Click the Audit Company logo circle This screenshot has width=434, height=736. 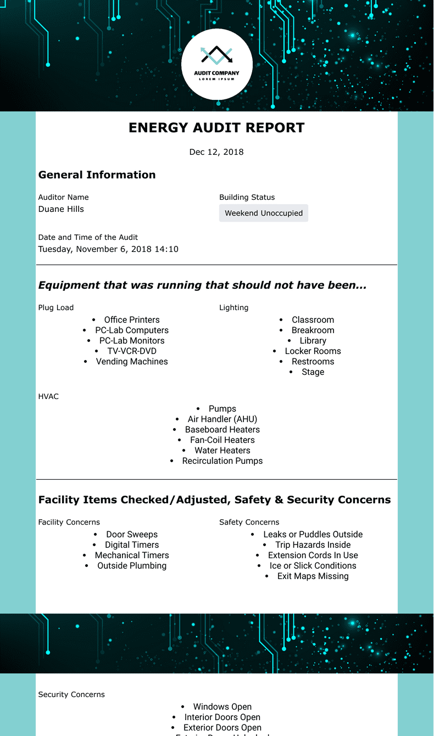pos(217,64)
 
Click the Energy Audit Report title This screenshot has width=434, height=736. pos(216,128)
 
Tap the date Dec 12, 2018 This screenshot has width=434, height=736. pos(216,152)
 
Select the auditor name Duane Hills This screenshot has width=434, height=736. pos(61,209)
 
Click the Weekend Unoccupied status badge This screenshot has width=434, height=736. pos(264,213)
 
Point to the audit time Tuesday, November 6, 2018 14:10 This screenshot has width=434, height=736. pos(108,249)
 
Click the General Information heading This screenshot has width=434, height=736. pos(97,175)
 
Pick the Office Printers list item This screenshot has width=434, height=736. pos(132,320)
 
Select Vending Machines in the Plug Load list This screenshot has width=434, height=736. pos(132,362)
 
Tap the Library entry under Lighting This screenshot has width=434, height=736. pos(313,341)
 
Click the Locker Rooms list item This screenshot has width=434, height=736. pos(313,351)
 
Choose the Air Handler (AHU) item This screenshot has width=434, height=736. pos(222,419)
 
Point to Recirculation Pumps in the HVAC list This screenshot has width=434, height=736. pos(222,461)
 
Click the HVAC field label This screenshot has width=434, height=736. pos(48,396)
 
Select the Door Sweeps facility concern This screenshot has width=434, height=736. pos(132,535)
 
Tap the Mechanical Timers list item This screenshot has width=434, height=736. pos(132,555)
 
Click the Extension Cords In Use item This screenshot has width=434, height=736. pos(313,555)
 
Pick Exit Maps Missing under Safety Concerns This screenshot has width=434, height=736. pos(313,576)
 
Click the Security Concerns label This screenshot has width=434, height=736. pos(71,694)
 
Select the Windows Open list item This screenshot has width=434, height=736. pos(222,707)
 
